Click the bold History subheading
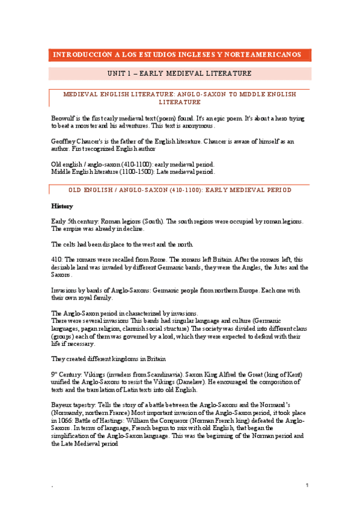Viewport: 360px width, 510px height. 63,206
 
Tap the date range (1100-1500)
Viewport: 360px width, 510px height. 144,171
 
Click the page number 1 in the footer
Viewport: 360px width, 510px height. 307,485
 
